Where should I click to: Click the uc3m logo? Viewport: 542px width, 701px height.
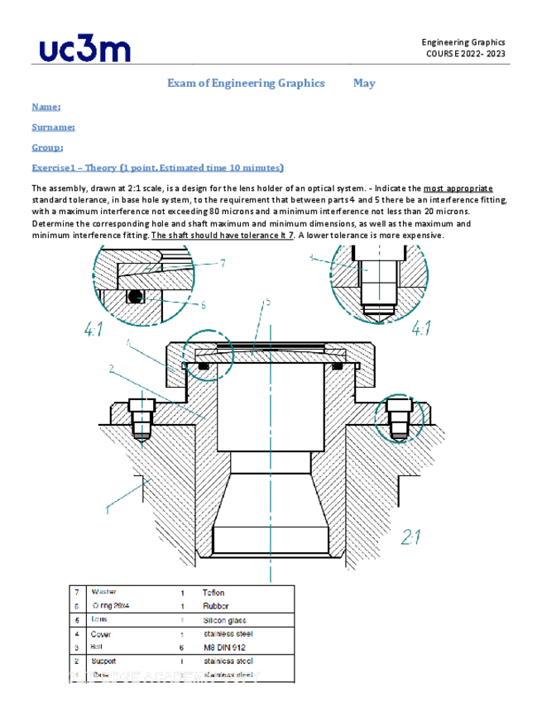point(84,50)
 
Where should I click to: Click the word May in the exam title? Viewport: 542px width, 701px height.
point(363,83)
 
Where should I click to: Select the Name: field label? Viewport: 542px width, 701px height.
point(46,107)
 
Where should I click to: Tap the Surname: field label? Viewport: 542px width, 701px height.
point(53,127)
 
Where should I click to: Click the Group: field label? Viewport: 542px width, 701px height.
point(47,147)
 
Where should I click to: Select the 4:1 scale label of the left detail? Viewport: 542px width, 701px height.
point(94,330)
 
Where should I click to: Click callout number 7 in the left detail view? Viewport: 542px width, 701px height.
point(223,264)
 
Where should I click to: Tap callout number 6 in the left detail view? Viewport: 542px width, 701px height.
point(203,304)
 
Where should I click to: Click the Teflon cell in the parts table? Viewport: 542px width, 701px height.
point(213,593)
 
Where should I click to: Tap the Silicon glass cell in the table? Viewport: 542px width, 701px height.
point(223,620)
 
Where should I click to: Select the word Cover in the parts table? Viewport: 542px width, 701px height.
point(103,634)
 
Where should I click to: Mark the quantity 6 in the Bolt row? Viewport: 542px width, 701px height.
point(181,647)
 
